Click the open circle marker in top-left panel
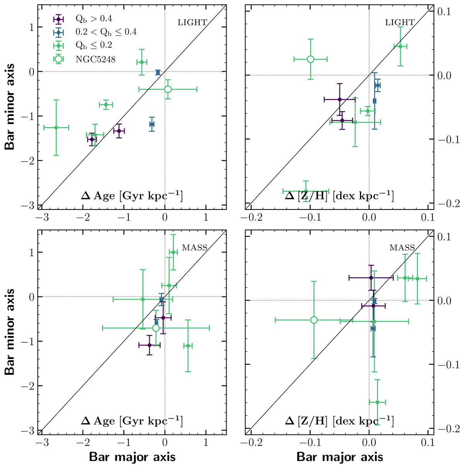click(x=168, y=89)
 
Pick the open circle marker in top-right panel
click(x=310, y=59)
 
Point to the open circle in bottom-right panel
click(x=314, y=320)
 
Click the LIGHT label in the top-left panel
click(x=192, y=22)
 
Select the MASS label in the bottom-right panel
click(x=402, y=247)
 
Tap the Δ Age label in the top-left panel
click(x=131, y=196)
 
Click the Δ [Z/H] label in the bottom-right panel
click(x=339, y=421)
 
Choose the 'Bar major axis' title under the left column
click(x=132, y=457)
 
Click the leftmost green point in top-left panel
click(x=56, y=127)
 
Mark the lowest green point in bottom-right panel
click(x=377, y=402)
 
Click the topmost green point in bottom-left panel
click(x=173, y=252)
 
